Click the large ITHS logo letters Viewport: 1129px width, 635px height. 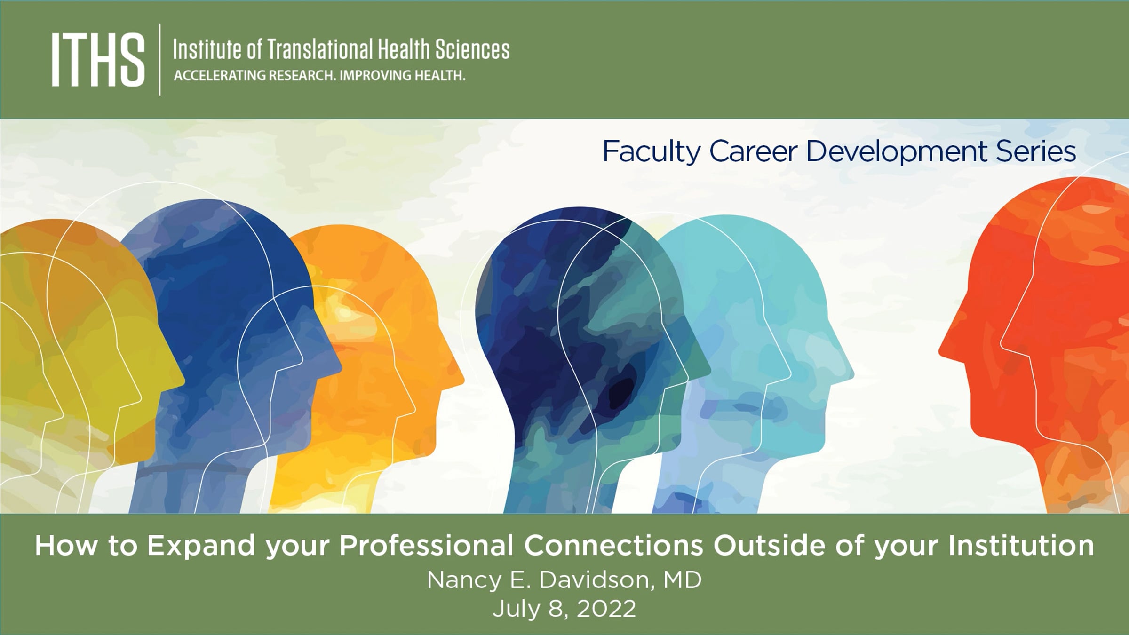tap(98, 60)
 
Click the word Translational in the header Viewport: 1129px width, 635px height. tap(320, 49)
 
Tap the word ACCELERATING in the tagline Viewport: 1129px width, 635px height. tap(220, 75)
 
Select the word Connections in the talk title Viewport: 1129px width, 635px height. tap(613, 546)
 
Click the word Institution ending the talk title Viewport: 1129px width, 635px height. tap(1021, 546)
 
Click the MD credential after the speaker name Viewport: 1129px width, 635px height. tap(683, 580)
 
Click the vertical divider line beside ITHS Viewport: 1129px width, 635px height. tap(160, 60)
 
